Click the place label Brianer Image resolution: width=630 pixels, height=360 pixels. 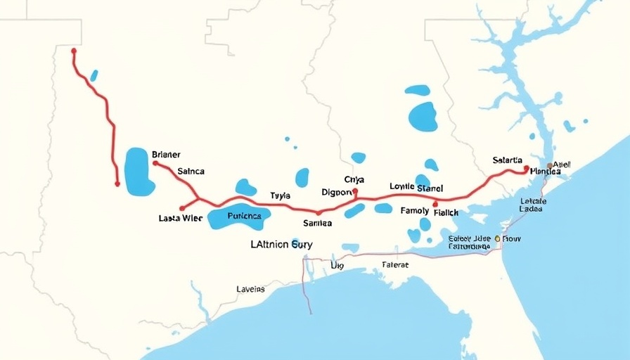click(x=166, y=155)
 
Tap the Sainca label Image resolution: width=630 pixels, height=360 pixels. click(x=191, y=171)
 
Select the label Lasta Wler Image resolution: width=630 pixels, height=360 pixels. click(x=181, y=219)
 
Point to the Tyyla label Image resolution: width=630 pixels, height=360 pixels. click(x=280, y=196)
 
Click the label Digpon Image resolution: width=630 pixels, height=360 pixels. click(x=336, y=192)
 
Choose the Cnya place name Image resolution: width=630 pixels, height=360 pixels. click(x=354, y=180)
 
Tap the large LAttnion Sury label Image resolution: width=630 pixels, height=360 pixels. click(x=281, y=245)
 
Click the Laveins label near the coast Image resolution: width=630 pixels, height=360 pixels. click(x=250, y=289)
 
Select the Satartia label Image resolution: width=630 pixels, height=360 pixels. click(x=507, y=161)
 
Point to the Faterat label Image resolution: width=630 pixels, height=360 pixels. click(x=394, y=265)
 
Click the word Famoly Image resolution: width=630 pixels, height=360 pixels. click(x=414, y=211)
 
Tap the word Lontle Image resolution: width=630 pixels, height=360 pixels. click(x=401, y=187)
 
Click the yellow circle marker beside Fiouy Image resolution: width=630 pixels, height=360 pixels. click(x=497, y=239)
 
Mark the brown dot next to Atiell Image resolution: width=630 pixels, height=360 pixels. click(x=550, y=166)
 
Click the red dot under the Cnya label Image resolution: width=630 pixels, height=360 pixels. click(x=355, y=191)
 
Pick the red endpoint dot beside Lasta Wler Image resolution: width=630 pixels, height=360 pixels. click(x=182, y=208)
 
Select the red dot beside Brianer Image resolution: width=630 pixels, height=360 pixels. click(x=155, y=163)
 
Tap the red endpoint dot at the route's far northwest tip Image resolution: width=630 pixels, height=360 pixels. click(x=74, y=51)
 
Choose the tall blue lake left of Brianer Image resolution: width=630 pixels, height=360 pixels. click(x=139, y=172)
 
